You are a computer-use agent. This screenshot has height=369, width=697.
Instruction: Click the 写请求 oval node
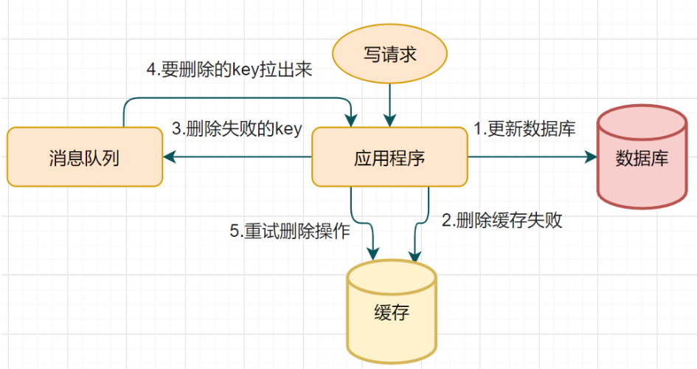click(389, 55)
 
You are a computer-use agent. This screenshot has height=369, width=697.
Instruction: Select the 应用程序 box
click(389, 157)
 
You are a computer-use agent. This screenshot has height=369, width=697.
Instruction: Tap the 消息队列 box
click(85, 157)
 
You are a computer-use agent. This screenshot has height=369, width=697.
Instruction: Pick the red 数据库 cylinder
click(641, 157)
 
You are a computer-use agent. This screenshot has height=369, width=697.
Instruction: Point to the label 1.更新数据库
click(524, 128)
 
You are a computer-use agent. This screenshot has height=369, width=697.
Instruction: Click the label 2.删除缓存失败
click(502, 220)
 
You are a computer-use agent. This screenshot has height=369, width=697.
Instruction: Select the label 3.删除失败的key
click(237, 128)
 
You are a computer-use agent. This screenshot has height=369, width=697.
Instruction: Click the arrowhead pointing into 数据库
click(590, 157)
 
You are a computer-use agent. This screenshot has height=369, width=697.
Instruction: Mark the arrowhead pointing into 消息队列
click(169, 157)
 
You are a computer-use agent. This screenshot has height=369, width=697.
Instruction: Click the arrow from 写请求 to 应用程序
click(389, 103)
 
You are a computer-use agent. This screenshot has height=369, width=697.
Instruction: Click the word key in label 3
click(288, 129)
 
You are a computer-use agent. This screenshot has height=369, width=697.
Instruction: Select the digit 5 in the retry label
click(235, 230)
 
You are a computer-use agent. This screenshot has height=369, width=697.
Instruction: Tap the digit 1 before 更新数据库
click(477, 128)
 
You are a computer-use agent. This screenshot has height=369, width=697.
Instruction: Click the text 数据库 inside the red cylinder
click(641, 159)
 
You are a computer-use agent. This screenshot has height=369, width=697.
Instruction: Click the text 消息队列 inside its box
click(85, 157)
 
